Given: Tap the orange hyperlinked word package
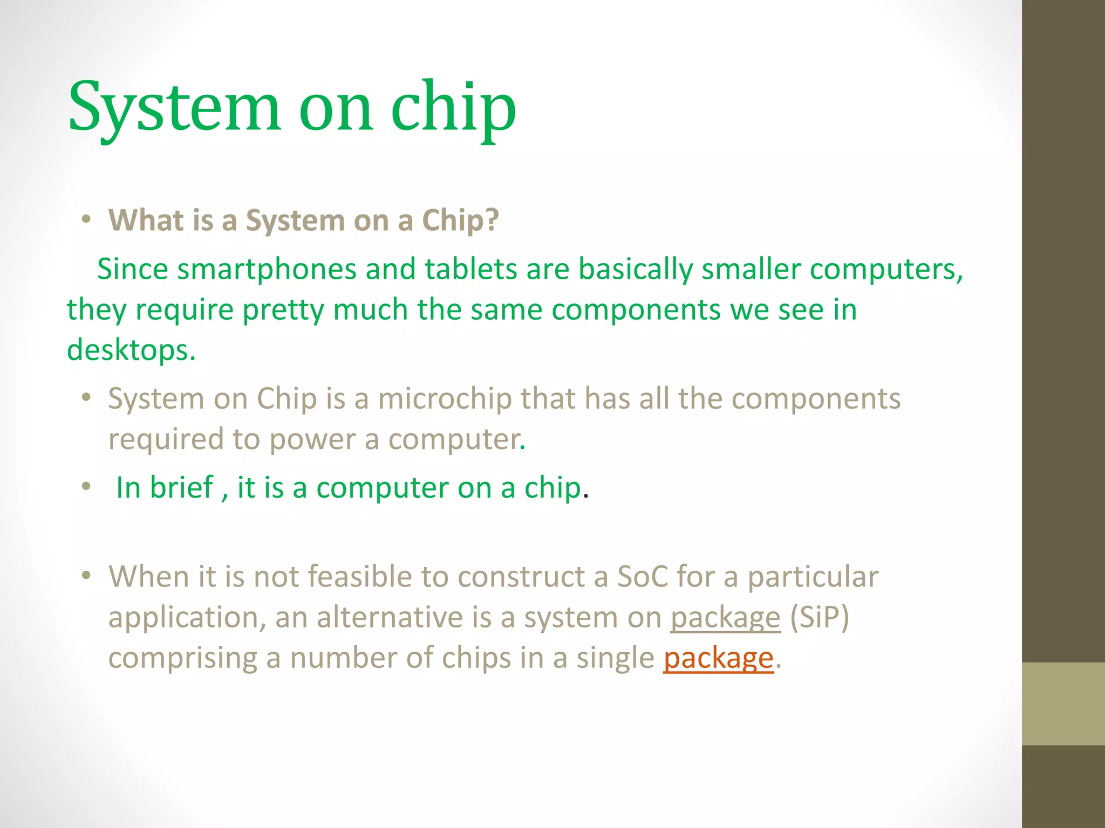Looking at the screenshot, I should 718,658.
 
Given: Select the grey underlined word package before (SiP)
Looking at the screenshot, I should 725,618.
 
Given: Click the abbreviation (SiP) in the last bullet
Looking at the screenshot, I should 819,617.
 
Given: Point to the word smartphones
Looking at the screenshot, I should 267,270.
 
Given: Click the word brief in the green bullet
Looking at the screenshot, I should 181,487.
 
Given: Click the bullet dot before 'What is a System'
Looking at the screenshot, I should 86,220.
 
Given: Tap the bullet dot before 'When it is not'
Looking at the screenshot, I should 86,576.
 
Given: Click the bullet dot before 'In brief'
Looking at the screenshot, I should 86,487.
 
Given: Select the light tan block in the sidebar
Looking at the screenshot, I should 1063,703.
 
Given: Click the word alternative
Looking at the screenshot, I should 390,617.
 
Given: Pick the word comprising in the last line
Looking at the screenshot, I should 182,658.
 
